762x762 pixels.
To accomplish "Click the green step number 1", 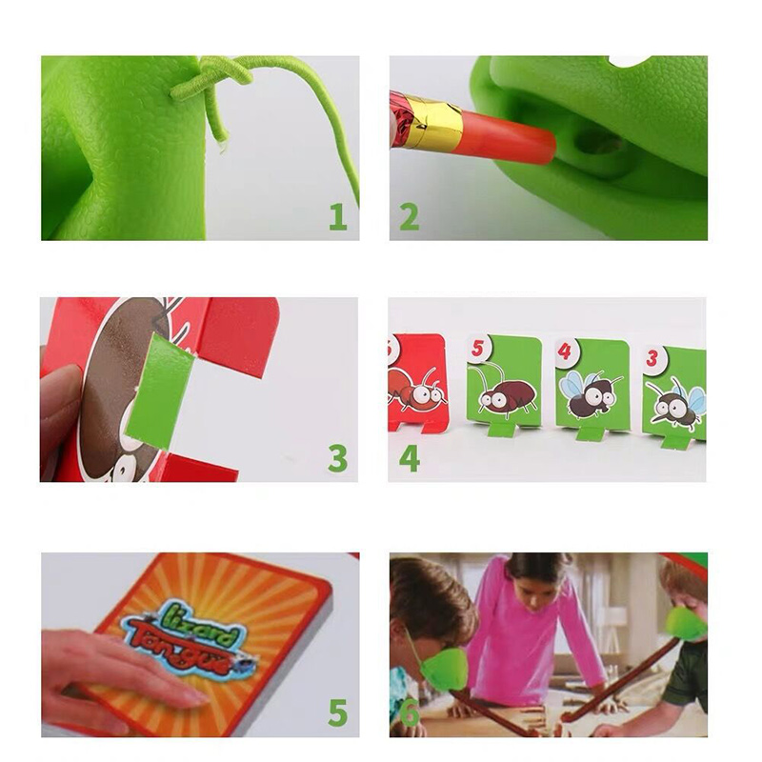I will [338, 217].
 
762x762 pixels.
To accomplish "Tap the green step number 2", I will [409, 217].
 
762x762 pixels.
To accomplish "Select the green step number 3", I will [337, 458].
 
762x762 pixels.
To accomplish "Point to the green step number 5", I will [337, 712].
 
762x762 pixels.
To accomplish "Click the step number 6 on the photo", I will [410, 713].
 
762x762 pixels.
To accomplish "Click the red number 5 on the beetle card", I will [480, 349].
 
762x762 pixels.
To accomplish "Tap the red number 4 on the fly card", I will [565, 351].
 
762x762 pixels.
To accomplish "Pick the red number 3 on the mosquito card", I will [652, 359].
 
